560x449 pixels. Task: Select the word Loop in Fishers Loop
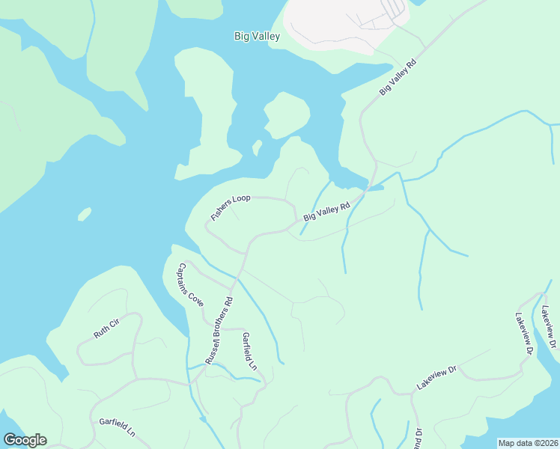coord(241,199)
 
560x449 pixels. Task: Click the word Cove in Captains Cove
coord(197,299)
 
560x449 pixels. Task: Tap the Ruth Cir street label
coord(106,329)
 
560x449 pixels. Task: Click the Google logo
coord(25,440)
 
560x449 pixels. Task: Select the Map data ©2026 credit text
coord(527,443)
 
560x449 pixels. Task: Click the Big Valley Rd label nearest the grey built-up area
coord(397,76)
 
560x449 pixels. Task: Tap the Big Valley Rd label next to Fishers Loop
coord(326,212)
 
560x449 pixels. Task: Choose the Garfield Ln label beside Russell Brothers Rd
coord(249,352)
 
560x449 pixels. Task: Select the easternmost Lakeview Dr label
coord(551,326)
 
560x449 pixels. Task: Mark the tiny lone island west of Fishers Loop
coord(85,215)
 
